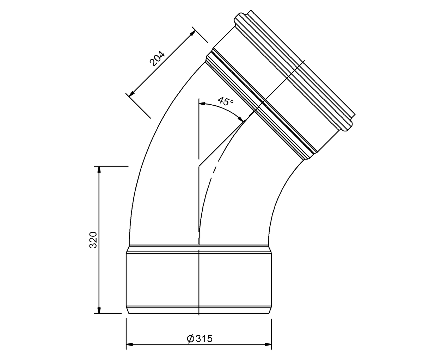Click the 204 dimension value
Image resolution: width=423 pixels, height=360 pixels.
point(157,59)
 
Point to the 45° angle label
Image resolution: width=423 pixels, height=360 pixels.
point(225,101)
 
